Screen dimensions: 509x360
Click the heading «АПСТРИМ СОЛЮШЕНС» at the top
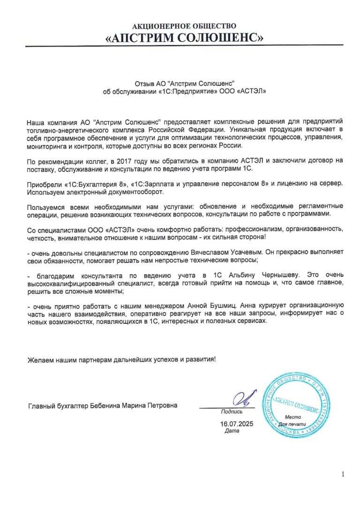click(x=184, y=37)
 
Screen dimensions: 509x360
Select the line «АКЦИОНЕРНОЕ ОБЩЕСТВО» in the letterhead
click(x=184, y=26)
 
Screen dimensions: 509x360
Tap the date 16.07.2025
click(x=237, y=424)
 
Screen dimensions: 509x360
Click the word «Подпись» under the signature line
click(x=232, y=412)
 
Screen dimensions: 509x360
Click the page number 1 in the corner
click(x=343, y=474)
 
